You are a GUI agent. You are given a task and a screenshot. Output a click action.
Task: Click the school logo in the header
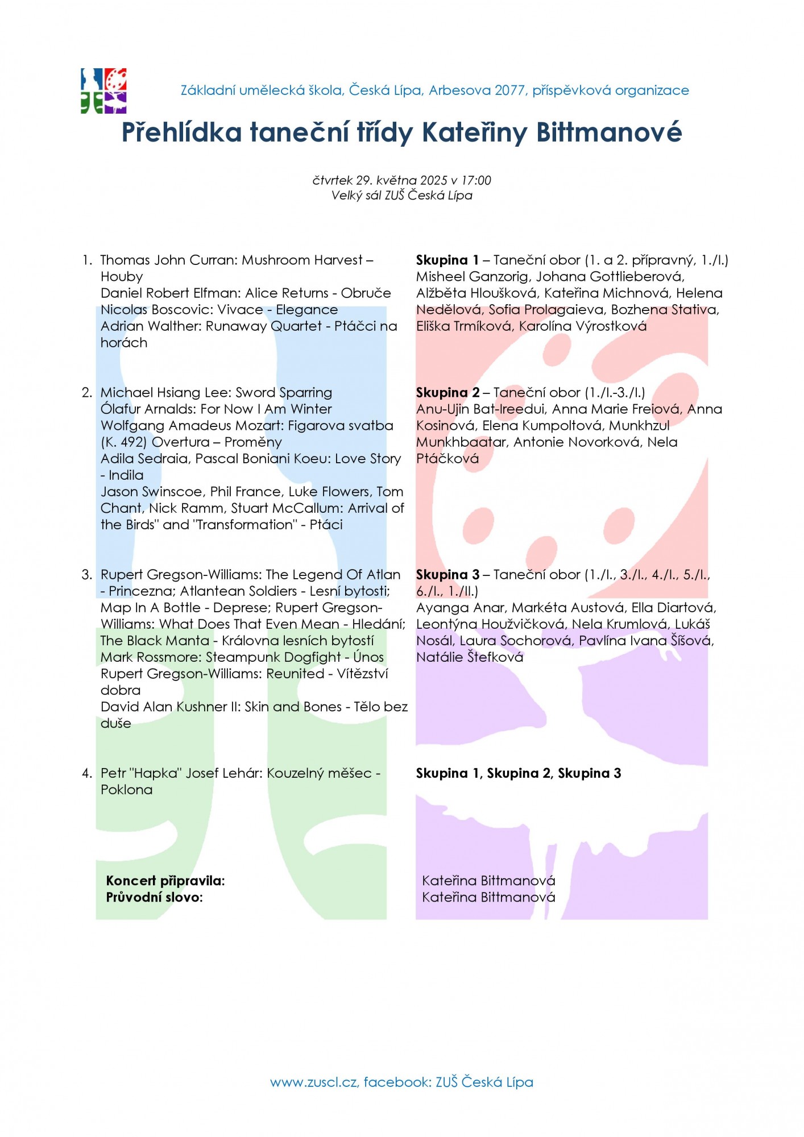coord(103,91)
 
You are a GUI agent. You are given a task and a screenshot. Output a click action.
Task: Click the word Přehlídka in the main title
coord(181,132)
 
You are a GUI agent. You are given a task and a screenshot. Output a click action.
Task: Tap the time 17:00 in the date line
coord(476,180)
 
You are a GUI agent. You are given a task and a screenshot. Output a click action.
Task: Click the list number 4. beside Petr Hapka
coord(87,773)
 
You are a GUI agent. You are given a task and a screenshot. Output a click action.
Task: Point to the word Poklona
coord(127,790)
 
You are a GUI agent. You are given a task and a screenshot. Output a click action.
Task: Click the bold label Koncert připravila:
coord(165,881)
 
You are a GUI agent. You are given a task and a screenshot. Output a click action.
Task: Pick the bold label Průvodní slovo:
coord(154,897)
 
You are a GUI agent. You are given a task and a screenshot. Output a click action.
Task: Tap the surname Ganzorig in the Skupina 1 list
coord(495,276)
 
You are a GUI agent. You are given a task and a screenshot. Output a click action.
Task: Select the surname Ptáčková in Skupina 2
coord(447,458)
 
